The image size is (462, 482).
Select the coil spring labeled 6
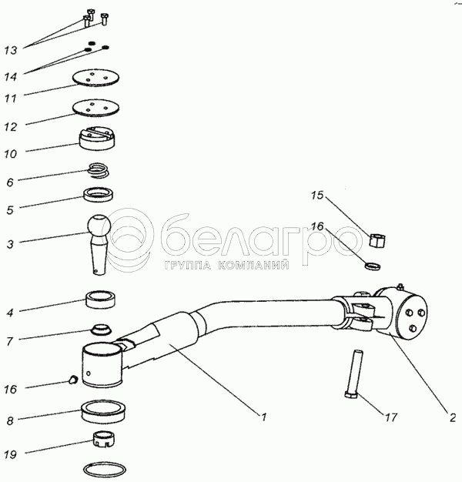[98, 170]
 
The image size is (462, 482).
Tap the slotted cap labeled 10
[97, 139]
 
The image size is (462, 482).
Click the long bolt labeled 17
[353, 373]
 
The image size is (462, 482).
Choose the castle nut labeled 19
[104, 440]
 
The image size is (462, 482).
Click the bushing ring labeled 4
[101, 299]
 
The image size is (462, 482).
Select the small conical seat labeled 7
[101, 330]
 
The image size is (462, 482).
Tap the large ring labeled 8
[103, 410]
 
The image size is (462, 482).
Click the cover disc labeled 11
[96, 77]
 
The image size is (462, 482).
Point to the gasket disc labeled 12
[96, 108]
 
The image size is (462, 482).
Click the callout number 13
[11, 50]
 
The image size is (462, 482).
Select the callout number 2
[453, 418]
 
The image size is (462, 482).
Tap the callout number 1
[263, 417]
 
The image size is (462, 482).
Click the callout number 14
[11, 76]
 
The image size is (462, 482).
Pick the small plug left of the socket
[73, 380]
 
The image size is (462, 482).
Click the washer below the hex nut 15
[373, 266]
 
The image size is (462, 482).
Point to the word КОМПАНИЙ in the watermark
[254, 265]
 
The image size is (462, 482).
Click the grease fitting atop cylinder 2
[400, 286]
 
